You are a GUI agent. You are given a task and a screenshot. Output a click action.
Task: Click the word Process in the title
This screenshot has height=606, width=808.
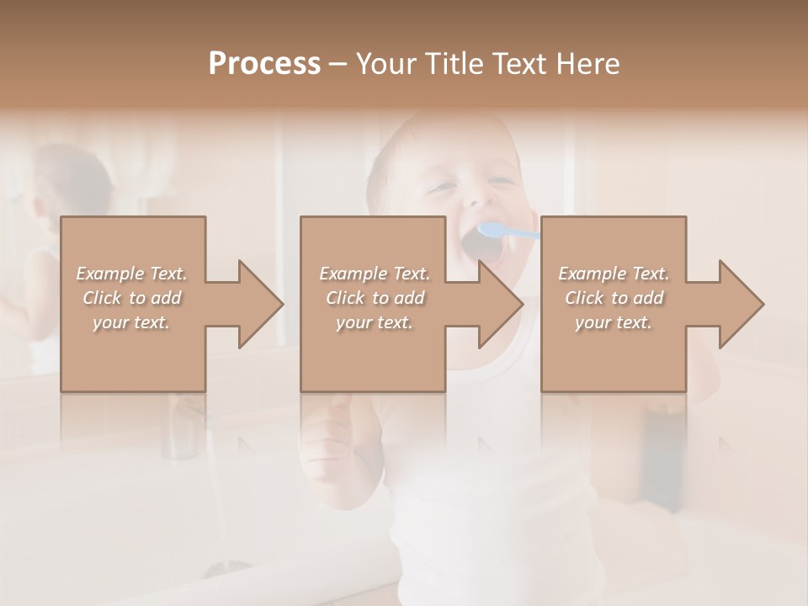click(x=264, y=64)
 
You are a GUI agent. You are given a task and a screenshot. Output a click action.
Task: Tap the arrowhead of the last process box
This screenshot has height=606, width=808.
click(x=740, y=304)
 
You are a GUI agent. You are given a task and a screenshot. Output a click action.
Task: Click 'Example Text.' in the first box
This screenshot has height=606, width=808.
click(x=132, y=274)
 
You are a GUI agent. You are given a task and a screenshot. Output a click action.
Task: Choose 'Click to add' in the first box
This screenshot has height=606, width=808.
click(x=132, y=298)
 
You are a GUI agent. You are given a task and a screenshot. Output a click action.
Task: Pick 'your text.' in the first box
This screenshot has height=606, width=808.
click(x=132, y=322)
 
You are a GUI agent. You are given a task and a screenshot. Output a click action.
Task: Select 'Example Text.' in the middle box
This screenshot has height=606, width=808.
click(x=375, y=274)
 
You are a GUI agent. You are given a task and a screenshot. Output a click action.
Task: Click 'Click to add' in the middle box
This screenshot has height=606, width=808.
click(x=375, y=298)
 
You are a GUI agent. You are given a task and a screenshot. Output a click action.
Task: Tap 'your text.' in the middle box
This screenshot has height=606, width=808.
click(x=375, y=322)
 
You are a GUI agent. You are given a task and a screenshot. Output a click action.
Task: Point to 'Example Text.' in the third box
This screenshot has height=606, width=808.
click(x=614, y=274)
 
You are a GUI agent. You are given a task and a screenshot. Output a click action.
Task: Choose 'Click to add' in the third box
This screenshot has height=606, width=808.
click(x=614, y=298)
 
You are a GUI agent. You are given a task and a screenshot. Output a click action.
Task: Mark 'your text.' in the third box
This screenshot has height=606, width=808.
click(x=614, y=322)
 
